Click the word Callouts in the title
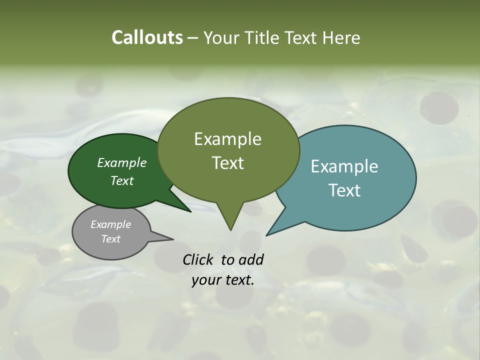(x=147, y=37)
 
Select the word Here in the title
(x=342, y=37)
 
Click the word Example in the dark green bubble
(x=122, y=162)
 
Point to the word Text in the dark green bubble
(x=122, y=180)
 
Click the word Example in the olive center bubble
(x=227, y=139)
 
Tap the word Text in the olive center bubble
(x=227, y=163)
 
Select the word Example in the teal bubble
(x=344, y=166)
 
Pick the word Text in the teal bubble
(x=344, y=190)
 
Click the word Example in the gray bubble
(x=110, y=224)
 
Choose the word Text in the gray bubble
(x=110, y=239)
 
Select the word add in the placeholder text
(x=250, y=259)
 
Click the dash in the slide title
(x=193, y=38)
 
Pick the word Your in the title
(x=220, y=37)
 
